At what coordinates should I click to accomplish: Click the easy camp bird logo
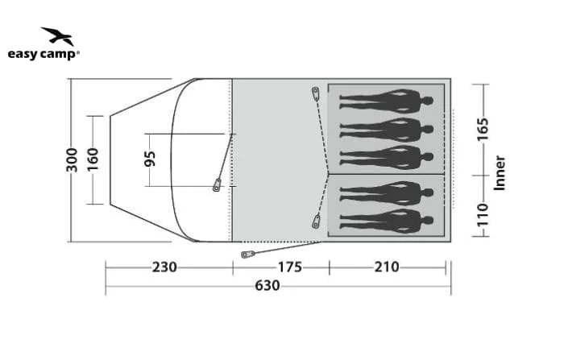[x=58, y=36]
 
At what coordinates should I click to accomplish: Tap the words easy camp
[x=43, y=55]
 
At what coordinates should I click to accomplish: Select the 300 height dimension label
[x=73, y=160]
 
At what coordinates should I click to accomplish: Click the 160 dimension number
[x=93, y=159]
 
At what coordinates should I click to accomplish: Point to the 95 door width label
[x=150, y=159]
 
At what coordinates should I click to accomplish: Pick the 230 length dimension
[x=164, y=267]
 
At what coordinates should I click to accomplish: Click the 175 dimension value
[x=289, y=267]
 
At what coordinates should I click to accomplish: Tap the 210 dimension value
[x=387, y=267]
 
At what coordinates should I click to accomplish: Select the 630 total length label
[x=267, y=286]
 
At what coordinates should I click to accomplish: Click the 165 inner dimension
[x=483, y=129]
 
